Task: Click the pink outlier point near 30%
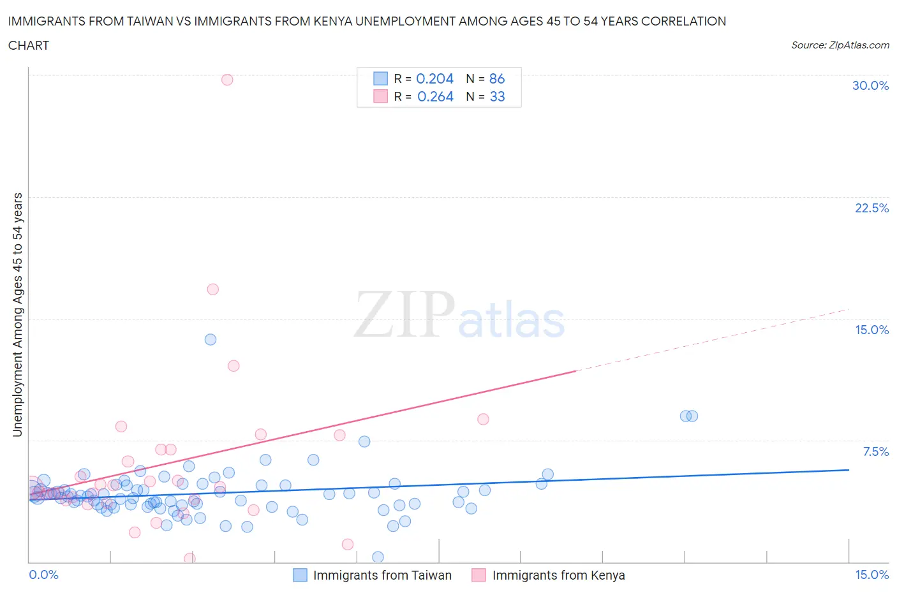coord(227,80)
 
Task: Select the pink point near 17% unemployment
coord(213,289)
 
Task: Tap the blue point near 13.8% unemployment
coord(211,339)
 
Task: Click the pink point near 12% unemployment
coord(234,366)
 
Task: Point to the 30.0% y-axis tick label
coord(870,85)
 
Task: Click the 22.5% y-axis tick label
coord(871,208)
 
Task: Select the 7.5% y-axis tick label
coord(875,451)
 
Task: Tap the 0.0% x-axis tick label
coord(43,575)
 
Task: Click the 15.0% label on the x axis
coord(871,575)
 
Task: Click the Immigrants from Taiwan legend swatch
coord(300,575)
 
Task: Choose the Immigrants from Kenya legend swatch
coord(478,575)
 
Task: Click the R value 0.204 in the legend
coord(434,78)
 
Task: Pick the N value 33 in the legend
coord(497,96)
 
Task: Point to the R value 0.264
coord(435,96)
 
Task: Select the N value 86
coord(497,78)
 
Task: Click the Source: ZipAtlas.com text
coord(840,45)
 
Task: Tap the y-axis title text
coord(17,315)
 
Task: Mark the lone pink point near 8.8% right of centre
coord(483,419)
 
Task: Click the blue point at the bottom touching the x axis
coord(378,557)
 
